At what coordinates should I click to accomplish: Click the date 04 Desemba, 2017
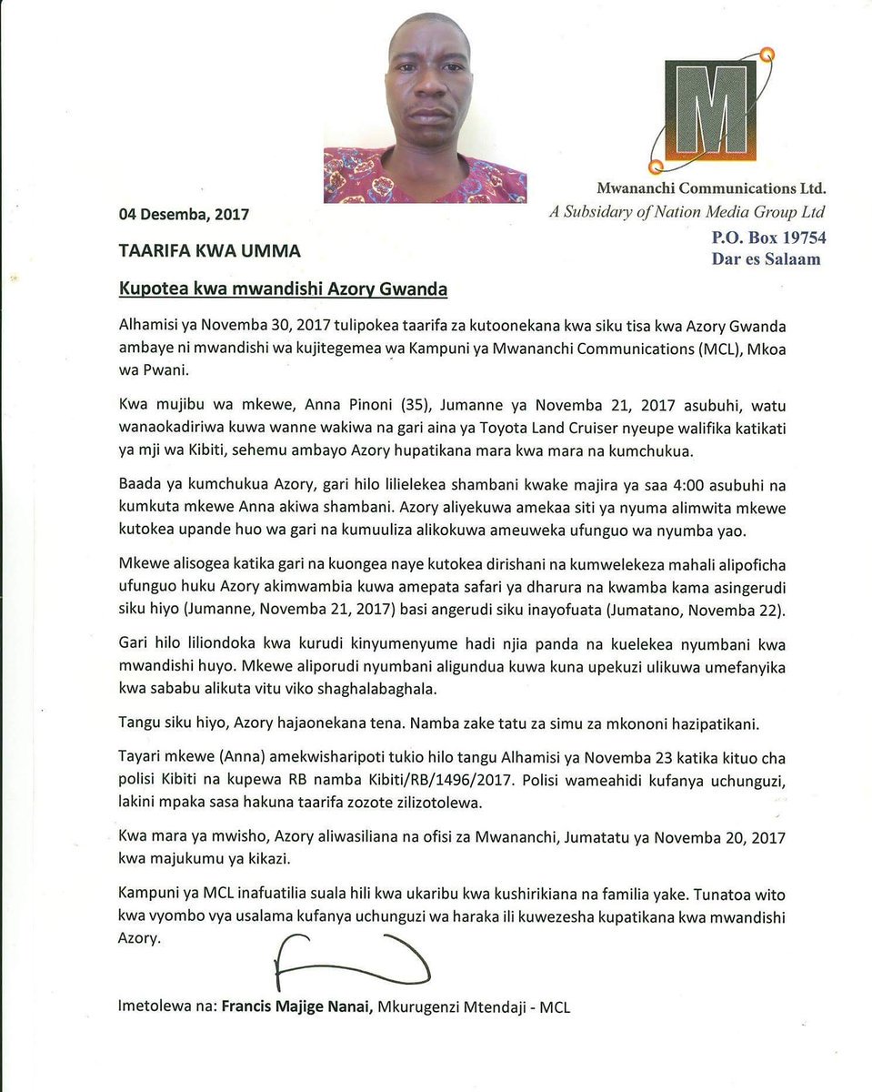click(x=184, y=215)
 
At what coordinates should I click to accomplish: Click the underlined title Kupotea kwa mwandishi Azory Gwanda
click(x=283, y=290)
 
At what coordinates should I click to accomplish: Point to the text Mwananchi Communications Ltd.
click(x=711, y=189)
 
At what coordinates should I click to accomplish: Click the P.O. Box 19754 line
click(x=768, y=238)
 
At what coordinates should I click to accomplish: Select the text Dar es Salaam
click(x=766, y=259)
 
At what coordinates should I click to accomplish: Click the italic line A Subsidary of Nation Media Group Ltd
click(x=687, y=213)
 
